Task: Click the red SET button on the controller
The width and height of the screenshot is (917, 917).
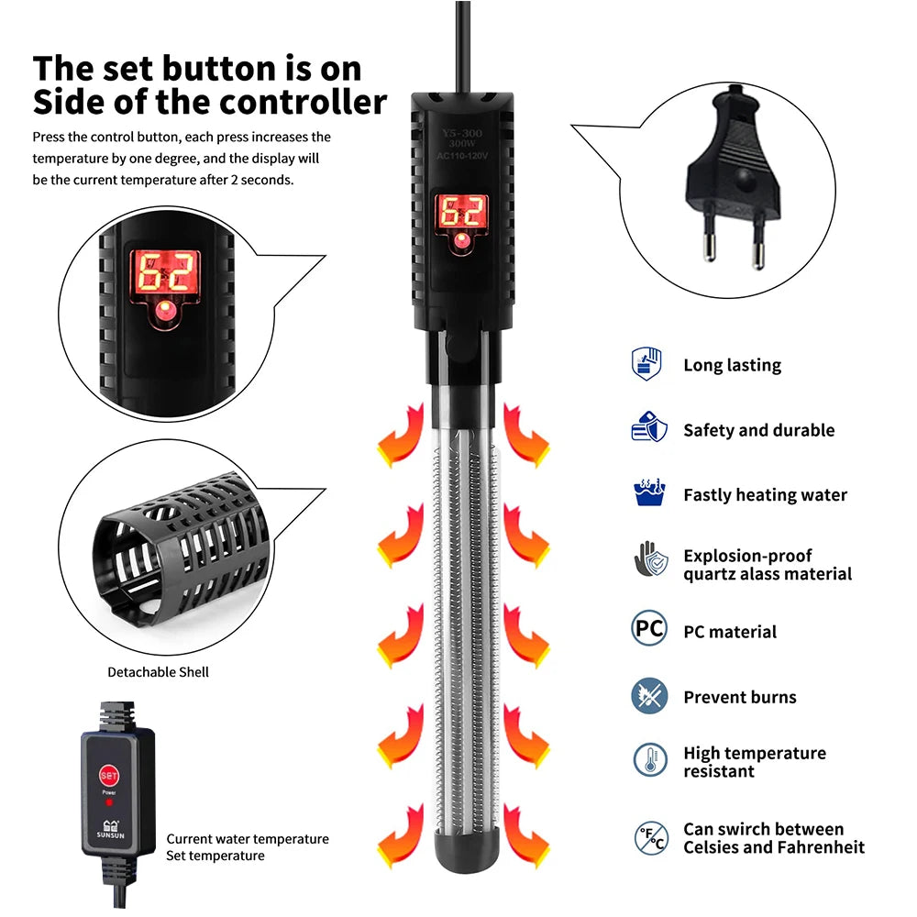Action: click(x=108, y=775)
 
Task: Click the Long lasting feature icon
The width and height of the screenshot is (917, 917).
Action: click(x=648, y=364)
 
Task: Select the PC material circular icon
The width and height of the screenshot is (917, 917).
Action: click(x=649, y=630)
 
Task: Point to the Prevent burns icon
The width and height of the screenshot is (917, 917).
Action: click(x=649, y=696)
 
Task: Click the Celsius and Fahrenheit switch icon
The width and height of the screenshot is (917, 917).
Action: click(x=651, y=837)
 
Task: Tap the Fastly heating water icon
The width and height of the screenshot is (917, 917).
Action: click(x=649, y=493)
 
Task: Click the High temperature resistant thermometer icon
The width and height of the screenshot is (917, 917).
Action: click(x=650, y=760)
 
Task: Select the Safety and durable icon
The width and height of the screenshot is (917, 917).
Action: click(x=649, y=428)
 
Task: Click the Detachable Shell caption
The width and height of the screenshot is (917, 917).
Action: click(x=158, y=672)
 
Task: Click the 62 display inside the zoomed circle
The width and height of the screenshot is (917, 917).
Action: click(x=165, y=272)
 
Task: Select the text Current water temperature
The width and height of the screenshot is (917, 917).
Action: click(x=248, y=839)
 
